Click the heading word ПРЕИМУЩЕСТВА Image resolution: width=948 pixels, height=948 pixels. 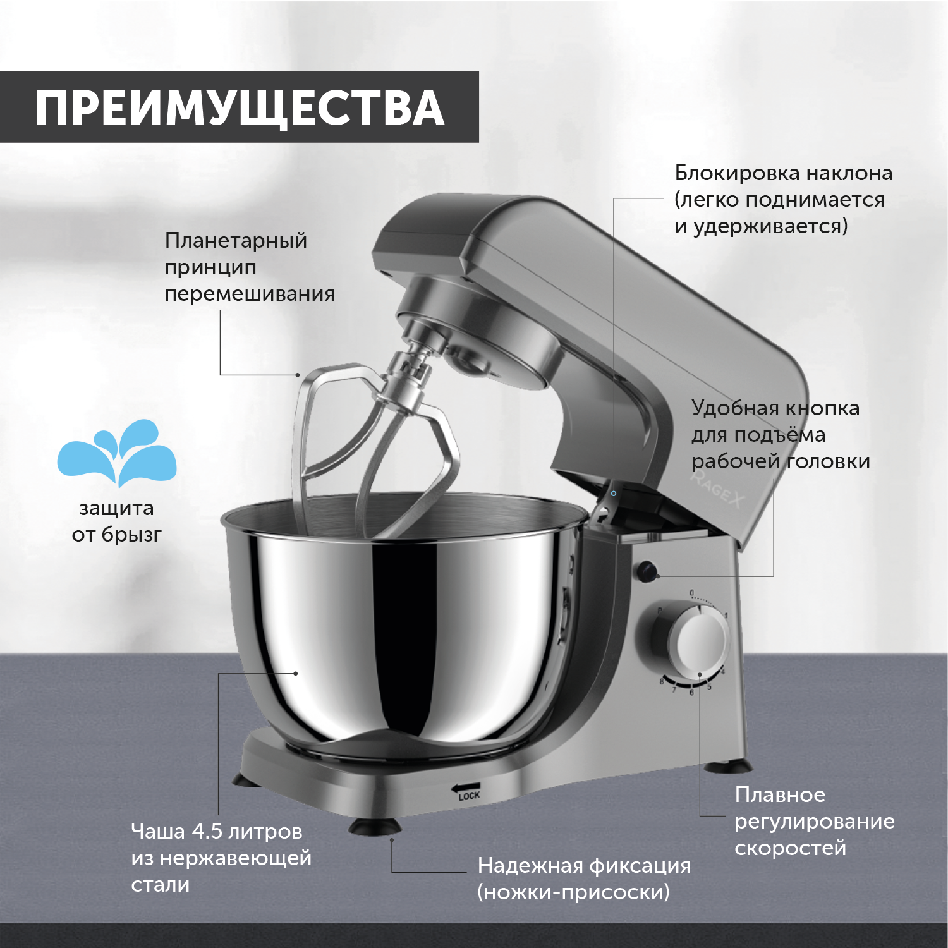(240, 108)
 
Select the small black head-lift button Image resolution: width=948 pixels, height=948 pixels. (647, 572)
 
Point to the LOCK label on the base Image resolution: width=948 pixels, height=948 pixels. (469, 796)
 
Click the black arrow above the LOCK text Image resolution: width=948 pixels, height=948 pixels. (465, 787)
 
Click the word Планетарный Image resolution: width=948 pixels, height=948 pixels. (236, 241)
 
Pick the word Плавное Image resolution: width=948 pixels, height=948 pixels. (780, 795)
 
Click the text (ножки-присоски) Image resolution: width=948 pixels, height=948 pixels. (573, 892)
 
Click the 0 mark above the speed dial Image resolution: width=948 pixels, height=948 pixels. (691, 593)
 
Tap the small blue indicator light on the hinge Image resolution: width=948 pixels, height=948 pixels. (614, 494)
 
